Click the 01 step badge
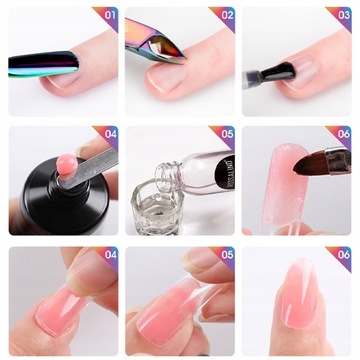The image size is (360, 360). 107,16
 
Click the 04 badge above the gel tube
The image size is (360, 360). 107,134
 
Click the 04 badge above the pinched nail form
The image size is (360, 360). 107,254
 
